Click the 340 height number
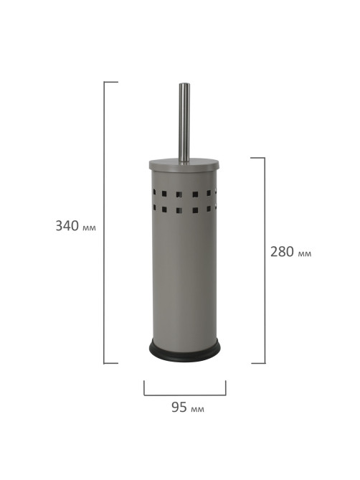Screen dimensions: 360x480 [x=67, y=225]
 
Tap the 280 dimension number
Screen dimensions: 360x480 [x=283, y=252]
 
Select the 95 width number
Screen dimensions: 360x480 [x=179, y=407]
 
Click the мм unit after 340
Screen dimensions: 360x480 [x=90, y=227]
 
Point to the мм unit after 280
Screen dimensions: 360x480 [x=305, y=254]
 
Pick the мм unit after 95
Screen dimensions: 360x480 [x=197, y=409]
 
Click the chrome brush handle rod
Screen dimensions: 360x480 [x=184, y=123]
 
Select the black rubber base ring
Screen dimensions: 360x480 [x=184, y=351]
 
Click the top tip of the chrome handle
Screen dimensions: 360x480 [x=184, y=83]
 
